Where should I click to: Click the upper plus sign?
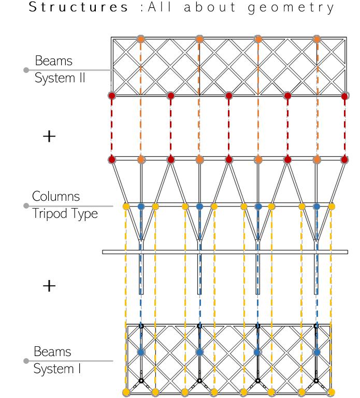(x=49, y=137)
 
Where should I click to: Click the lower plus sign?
(x=49, y=286)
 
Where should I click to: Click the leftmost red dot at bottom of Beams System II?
(x=111, y=96)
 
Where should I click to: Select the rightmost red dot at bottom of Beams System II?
(x=345, y=96)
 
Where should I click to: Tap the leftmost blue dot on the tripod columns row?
(x=141, y=207)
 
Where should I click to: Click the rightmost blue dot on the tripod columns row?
(x=316, y=207)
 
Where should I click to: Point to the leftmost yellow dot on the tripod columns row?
(x=126, y=207)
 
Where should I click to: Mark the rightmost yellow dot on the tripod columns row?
(x=332, y=207)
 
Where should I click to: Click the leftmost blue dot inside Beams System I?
(x=141, y=352)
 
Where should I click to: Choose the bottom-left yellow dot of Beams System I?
(x=126, y=392)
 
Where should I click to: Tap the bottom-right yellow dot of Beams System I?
(x=331, y=392)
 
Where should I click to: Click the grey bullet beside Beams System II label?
(x=25, y=70)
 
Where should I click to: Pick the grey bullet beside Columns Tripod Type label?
(x=25, y=205)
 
